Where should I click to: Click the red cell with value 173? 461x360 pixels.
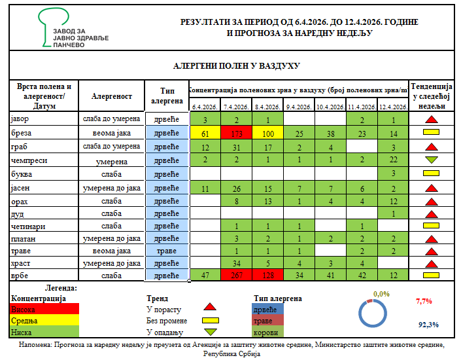tap(235, 134)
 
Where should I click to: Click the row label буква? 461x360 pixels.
tap(24, 173)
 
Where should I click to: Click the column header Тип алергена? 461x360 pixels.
tap(165, 96)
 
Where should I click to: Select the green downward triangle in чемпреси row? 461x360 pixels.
tap(430, 160)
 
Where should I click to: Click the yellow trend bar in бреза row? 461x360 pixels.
tap(430, 134)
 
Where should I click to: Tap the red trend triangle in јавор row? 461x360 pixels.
tap(430, 120)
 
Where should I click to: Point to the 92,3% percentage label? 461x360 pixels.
tap(428, 325)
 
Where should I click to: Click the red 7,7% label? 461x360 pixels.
tap(424, 302)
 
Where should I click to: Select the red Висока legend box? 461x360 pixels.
tap(45, 310)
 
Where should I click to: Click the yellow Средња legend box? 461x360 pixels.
tap(45, 321)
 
